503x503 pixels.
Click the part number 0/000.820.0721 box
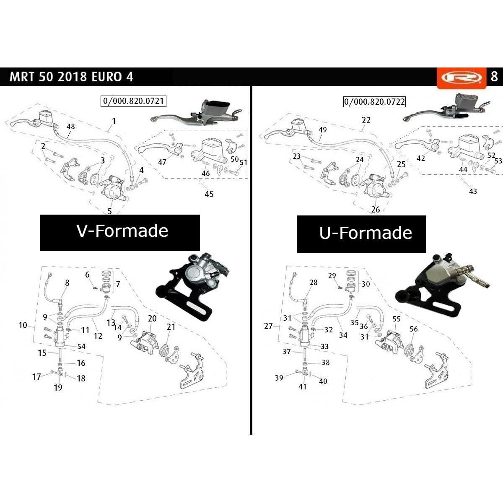[x=133, y=101]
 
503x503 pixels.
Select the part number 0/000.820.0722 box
[x=374, y=101]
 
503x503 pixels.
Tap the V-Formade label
[x=122, y=231]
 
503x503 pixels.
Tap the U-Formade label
[x=366, y=233]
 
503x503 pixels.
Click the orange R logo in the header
[x=462, y=78]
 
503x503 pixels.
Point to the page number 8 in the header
[x=494, y=77]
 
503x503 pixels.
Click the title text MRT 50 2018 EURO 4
[x=71, y=77]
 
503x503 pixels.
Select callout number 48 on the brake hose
[x=71, y=127]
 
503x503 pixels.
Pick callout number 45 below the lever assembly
[x=209, y=194]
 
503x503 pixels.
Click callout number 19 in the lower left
[x=58, y=388]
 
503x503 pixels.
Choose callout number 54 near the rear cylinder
[x=81, y=346]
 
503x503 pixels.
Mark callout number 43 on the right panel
[x=473, y=191]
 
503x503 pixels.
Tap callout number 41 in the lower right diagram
[x=302, y=386]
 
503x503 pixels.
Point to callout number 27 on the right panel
[x=268, y=326]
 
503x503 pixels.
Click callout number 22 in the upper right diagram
[x=366, y=120]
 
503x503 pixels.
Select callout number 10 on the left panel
[x=23, y=325]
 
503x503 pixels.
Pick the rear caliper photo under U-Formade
[x=443, y=286]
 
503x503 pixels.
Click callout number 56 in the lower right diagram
[x=413, y=329]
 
